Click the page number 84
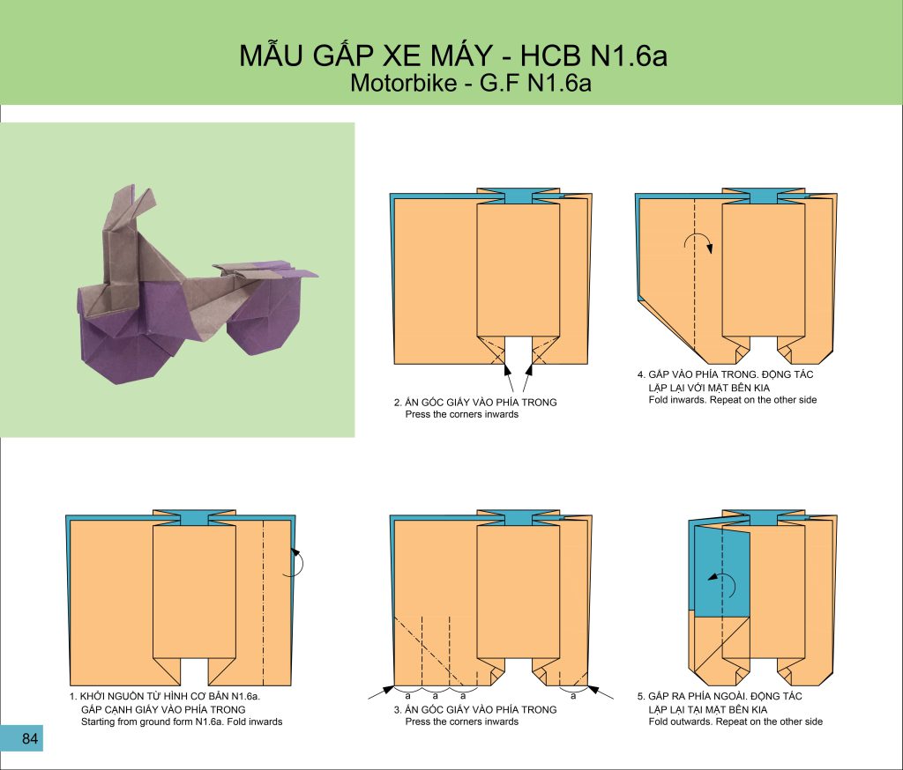tap(30, 738)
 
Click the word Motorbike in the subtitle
tap(403, 84)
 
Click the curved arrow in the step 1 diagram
tap(295, 562)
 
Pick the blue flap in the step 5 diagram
tap(721, 571)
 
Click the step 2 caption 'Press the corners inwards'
tap(461, 414)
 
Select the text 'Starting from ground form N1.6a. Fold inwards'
tap(182, 722)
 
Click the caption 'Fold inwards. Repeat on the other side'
tap(733, 400)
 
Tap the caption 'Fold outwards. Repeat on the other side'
tap(735, 722)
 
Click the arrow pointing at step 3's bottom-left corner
tap(381, 692)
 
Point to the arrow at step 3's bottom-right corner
tap(600, 692)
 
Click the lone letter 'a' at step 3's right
tap(573, 696)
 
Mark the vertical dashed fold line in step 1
tap(263, 603)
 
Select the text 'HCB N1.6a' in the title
tap(593, 56)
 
